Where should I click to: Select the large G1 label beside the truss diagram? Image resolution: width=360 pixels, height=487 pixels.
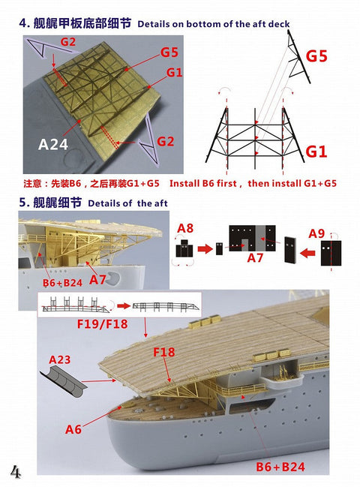pos(316,152)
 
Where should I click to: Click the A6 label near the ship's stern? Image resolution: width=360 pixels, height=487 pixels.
pos(73,429)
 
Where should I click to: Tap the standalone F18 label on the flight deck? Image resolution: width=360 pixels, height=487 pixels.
pos(164,351)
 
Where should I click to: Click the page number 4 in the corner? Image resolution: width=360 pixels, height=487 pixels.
pos(15,470)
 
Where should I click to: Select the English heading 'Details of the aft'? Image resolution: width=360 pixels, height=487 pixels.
pos(128,203)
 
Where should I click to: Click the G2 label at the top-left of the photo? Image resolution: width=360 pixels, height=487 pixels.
pos(67,42)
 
